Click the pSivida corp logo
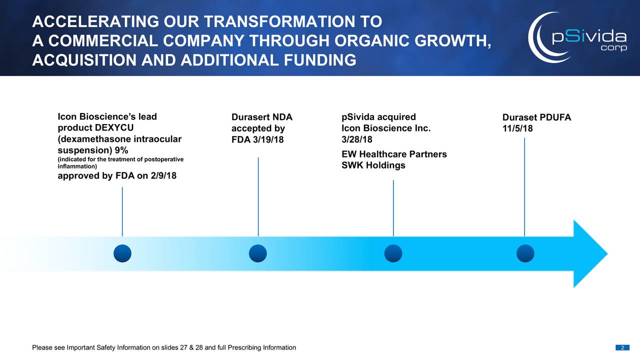tap(577, 37)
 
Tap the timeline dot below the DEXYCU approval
tap(122, 253)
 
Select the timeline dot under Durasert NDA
tap(257, 253)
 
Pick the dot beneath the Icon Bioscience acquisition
tap(393, 253)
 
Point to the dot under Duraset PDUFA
tap(525, 253)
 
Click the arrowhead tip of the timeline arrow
tap(607, 253)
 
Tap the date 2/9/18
tap(163, 175)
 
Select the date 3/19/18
tap(268, 139)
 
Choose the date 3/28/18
tap(357, 139)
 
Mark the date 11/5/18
tap(517, 128)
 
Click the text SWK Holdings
tap(373, 165)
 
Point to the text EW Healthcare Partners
tap(394, 154)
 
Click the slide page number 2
tap(622, 347)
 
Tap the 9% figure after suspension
tap(121, 150)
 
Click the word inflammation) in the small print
tap(77, 166)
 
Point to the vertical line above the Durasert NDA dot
tap(258, 196)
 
